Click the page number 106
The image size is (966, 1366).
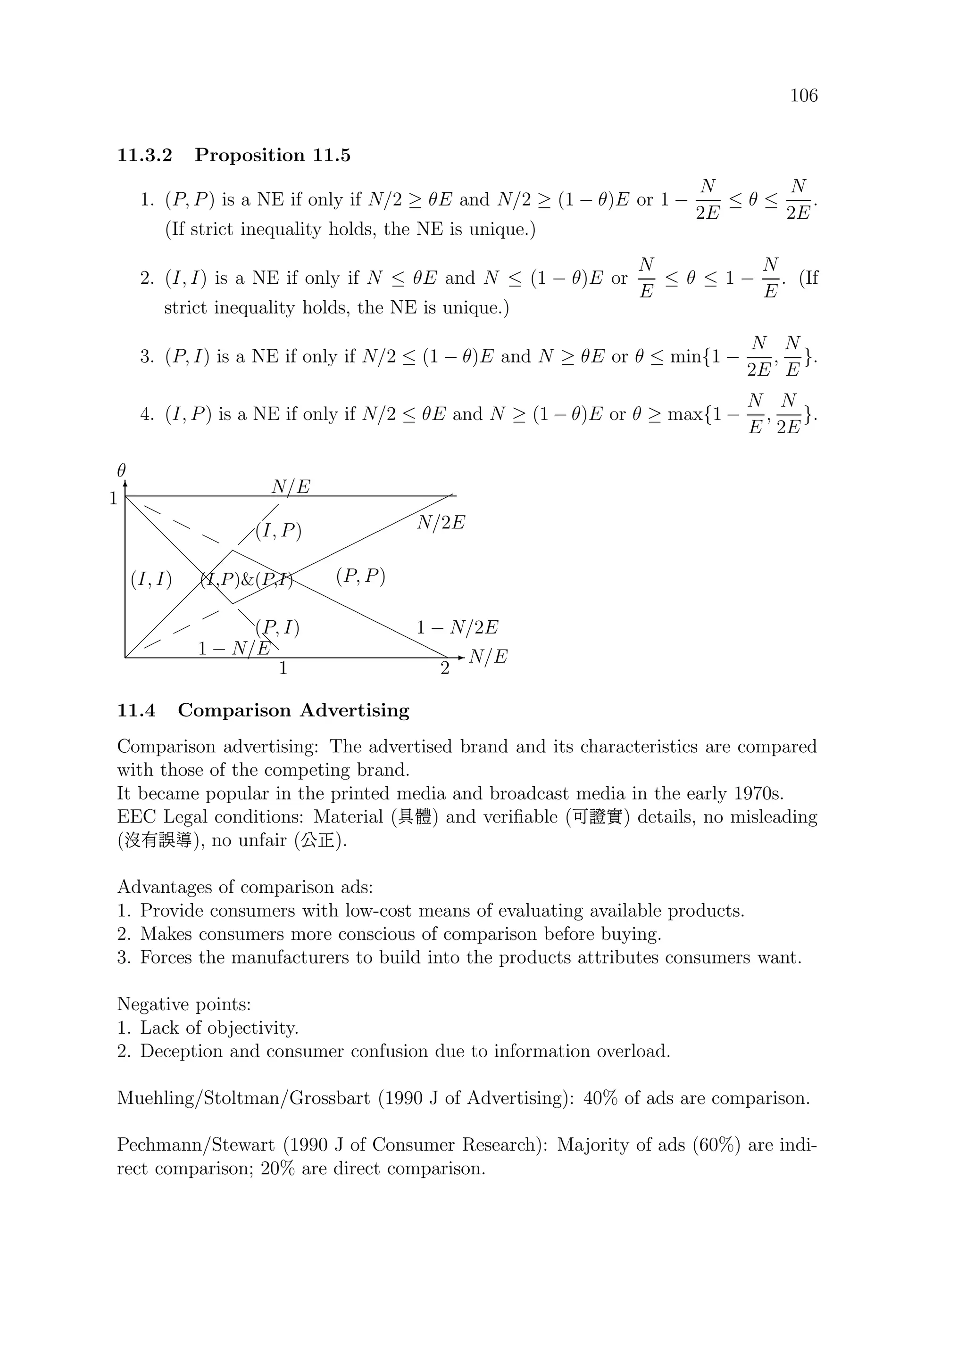(x=804, y=96)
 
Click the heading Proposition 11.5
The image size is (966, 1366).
(x=272, y=156)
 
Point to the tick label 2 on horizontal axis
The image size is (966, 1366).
(x=445, y=669)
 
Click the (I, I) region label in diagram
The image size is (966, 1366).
(x=151, y=579)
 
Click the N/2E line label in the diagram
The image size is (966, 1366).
(x=441, y=523)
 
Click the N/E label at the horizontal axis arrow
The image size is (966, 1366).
(x=488, y=657)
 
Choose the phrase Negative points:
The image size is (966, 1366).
(x=184, y=1004)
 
